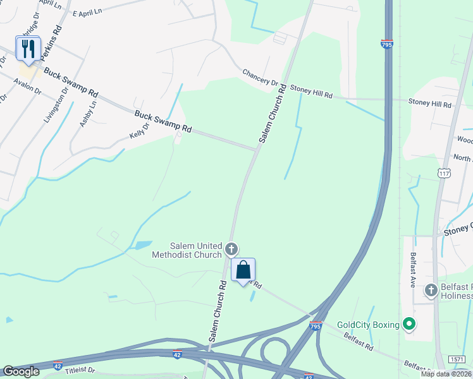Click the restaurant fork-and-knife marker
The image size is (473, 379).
click(x=28, y=49)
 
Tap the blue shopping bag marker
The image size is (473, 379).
click(x=243, y=270)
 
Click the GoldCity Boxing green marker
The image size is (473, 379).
click(x=409, y=325)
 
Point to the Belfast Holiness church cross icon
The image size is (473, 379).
click(x=431, y=290)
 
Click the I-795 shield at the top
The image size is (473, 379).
click(x=387, y=44)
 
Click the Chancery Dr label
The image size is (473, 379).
click(x=261, y=78)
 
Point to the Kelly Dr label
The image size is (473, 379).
click(x=138, y=131)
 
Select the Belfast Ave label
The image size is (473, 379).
click(x=412, y=269)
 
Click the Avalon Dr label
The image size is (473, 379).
click(x=27, y=87)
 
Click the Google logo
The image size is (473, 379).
click(x=20, y=371)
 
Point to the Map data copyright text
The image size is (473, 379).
click(x=446, y=374)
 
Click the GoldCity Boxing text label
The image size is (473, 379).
click(x=368, y=325)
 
